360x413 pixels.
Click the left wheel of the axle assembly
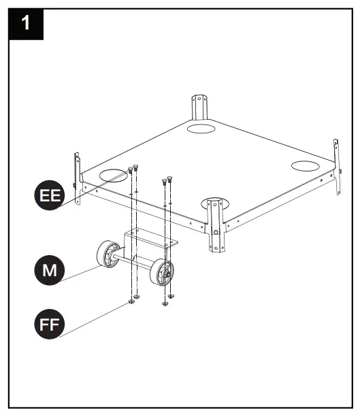click(108, 255)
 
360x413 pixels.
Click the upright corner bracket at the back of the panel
click(199, 108)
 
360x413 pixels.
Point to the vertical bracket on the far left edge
click(78, 174)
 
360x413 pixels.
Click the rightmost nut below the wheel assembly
click(171, 296)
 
